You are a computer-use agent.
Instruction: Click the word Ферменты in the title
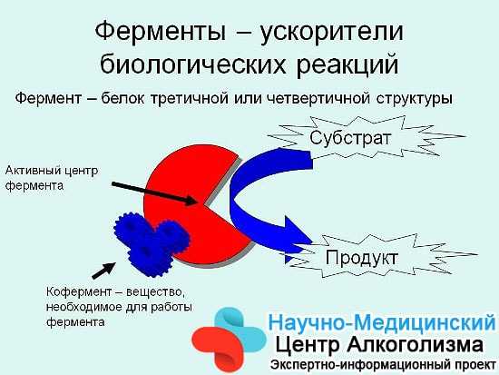pos(161,32)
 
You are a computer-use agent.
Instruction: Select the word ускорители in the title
pos(331,32)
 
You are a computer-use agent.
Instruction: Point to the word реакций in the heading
pos(347,64)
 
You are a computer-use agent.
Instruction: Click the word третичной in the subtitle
pos(189,98)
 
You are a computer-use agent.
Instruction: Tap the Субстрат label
pos(350,138)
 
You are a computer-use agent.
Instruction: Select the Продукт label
pos(361,258)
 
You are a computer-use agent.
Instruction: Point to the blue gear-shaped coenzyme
pos(150,243)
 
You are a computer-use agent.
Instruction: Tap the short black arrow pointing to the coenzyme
pos(103,271)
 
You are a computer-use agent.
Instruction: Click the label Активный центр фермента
pos(52,178)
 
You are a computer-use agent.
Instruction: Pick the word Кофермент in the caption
pos(79,291)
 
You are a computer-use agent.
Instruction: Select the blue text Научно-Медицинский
pos(382,322)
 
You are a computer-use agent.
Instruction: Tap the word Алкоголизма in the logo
pos(415,345)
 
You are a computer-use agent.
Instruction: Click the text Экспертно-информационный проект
pos(383,365)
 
